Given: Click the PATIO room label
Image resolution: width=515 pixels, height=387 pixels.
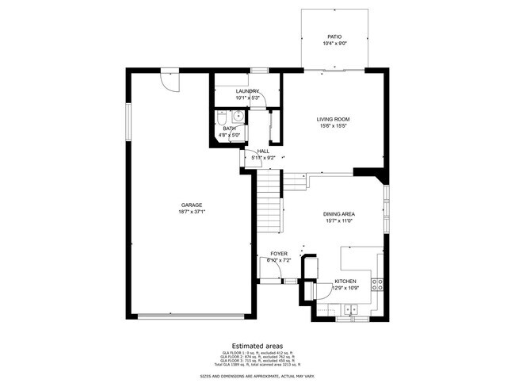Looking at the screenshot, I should pos(334,36).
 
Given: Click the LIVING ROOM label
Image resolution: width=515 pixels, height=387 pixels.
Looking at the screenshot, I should pos(334,119).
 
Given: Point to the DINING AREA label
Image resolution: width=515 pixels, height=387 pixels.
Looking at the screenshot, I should pos(338,214).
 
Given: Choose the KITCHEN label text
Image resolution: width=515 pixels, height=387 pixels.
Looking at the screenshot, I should pos(345,282).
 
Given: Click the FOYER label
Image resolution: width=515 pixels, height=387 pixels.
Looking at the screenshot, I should pos(278,254).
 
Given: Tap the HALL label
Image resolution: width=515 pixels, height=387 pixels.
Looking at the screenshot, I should pos(263,151).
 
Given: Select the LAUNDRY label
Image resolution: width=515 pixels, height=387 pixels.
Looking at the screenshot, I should pos(248,91).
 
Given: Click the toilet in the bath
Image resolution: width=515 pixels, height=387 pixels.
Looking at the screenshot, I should pos(221,119).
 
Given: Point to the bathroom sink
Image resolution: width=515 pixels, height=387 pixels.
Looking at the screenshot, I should pos(236,117).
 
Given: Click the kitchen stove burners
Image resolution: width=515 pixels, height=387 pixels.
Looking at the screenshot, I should pos(380,282).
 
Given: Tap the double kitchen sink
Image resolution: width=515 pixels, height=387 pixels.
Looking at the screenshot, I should pos(349,317).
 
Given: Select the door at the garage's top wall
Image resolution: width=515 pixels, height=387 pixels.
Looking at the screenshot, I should pos(170,78).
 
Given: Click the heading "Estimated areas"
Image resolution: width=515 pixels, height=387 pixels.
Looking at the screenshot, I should pos(257,346).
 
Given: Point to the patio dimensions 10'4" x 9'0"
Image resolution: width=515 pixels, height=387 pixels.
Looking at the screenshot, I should pos(334,44).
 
